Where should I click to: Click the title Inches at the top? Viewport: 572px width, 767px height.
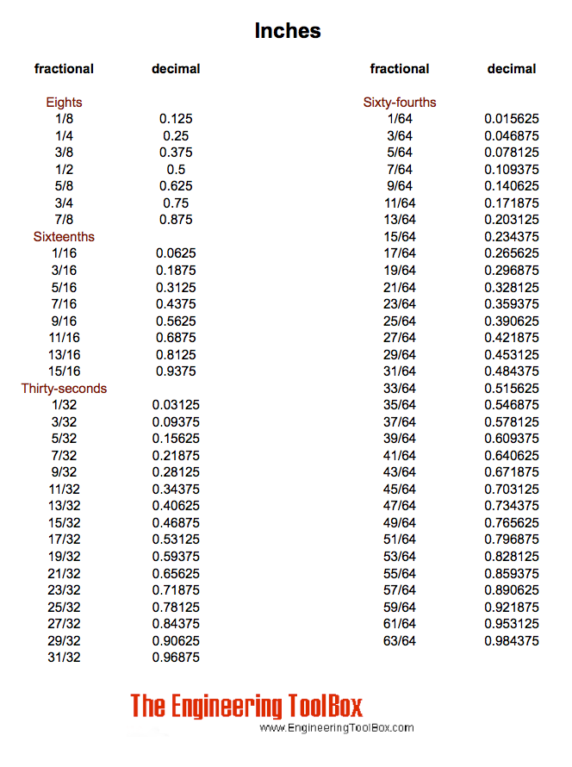pyautogui.click(x=288, y=31)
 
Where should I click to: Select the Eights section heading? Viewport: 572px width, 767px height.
pyautogui.click(x=64, y=103)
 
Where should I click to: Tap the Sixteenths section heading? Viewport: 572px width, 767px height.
pyautogui.click(x=64, y=237)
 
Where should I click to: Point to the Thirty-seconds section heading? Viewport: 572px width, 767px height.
pyautogui.click(x=64, y=389)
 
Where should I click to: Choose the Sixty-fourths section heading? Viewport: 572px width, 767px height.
pyautogui.click(x=400, y=103)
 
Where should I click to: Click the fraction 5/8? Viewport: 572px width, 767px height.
pyautogui.click(x=64, y=186)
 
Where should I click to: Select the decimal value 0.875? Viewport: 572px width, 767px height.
pyautogui.click(x=176, y=220)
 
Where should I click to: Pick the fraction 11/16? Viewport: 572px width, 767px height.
pyautogui.click(x=64, y=338)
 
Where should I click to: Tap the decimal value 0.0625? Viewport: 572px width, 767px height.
pyautogui.click(x=176, y=253)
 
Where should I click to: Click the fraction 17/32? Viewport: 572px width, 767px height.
pyautogui.click(x=64, y=539)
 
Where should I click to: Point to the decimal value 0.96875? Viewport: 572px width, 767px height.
pyautogui.click(x=176, y=658)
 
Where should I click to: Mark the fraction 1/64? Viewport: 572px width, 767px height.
pyautogui.click(x=400, y=119)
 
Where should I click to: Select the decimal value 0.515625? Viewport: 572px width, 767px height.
pyautogui.click(x=512, y=389)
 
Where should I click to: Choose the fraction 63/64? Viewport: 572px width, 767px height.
pyautogui.click(x=400, y=641)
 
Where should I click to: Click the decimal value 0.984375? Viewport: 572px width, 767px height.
pyautogui.click(x=512, y=641)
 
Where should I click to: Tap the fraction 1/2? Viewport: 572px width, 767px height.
pyautogui.click(x=64, y=170)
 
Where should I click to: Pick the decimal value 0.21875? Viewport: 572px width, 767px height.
pyautogui.click(x=176, y=455)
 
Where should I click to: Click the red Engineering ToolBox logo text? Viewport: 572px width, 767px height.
pyautogui.click(x=246, y=706)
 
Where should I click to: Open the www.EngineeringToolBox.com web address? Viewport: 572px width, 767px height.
pyautogui.click(x=337, y=728)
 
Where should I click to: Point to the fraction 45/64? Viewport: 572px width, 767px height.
pyautogui.click(x=400, y=490)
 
